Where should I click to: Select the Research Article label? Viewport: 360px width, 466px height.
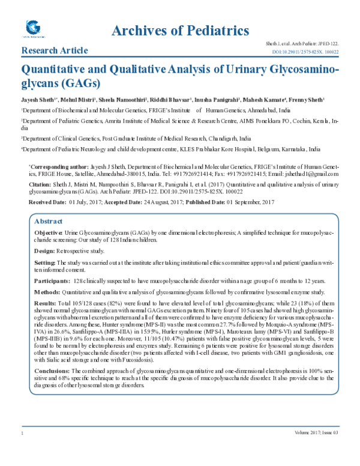point(55,50)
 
